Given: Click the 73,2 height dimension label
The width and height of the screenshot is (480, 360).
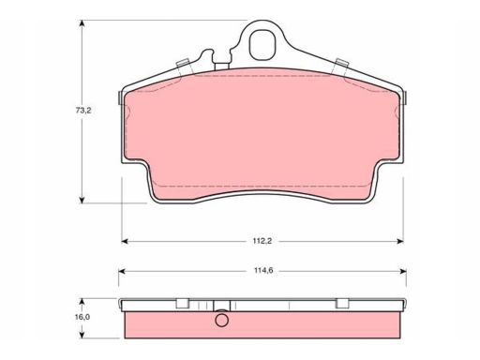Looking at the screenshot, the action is pyautogui.click(x=83, y=111).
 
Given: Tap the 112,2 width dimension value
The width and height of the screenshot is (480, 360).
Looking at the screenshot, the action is pyautogui.click(x=262, y=241).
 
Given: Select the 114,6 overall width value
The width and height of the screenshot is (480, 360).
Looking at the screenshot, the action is pyautogui.click(x=263, y=271).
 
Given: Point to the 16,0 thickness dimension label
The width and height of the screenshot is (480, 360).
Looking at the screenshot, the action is pyautogui.click(x=82, y=317).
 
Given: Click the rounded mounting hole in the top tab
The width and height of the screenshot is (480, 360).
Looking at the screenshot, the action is pyautogui.click(x=262, y=45).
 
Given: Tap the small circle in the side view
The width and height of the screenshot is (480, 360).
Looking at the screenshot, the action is pyautogui.click(x=222, y=320).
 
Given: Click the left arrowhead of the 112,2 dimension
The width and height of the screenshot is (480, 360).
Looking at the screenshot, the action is pyautogui.click(x=125, y=241).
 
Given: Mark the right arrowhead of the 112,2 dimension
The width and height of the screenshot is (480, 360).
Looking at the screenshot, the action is pyautogui.click(x=399, y=241).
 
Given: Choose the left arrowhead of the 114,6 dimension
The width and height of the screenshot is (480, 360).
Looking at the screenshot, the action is pyautogui.click(x=122, y=271).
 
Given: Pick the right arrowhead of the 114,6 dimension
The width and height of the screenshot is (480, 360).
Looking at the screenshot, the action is pyautogui.click(x=402, y=271).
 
